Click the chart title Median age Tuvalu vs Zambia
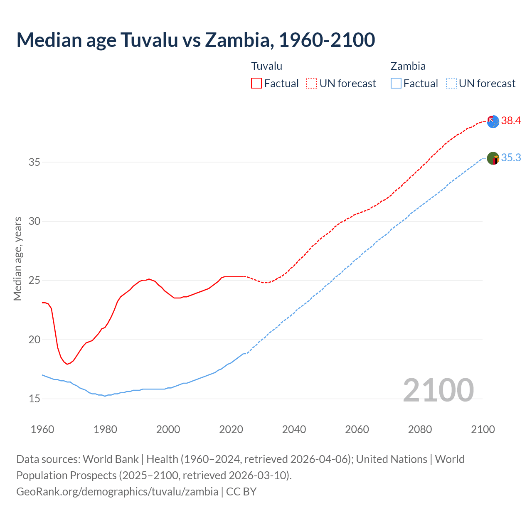pyautogui.click(x=195, y=40)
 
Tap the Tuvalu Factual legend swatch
pyautogui.click(x=256, y=83)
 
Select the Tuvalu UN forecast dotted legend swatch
pyautogui.click(x=312, y=83)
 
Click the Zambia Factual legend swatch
pyautogui.click(x=396, y=83)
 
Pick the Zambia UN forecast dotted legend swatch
pyautogui.click(x=451, y=83)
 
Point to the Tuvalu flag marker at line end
pyautogui.click(x=493, y=121)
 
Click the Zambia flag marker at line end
pyautogui.click(x=493, y=158)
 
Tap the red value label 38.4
pyautogui.click(x=511, y=121)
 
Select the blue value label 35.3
pyautogui.click(x=511, y=158)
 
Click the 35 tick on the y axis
pyautogui.click(x=34, y=162)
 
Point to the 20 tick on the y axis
pyautogui.click(x=34, y=340)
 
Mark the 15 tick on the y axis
pyautogui.click(x=34, y=399)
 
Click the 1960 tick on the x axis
pyautogui.click(x=42, y=429)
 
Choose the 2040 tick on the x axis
pyautogui.click(x=294, y=429)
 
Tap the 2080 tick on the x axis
pyautogui.click(x=420, y=429)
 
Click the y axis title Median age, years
pyautogui.click(x=17, y=259)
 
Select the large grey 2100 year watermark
pyautogui.click(x=438, y=390)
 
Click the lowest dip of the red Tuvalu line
pyautogui.click(x=67, y=364)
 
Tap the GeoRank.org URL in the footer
pyautogui.click(x=117, y=492)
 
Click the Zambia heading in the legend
pyautogui.click(x=408, y=66)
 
